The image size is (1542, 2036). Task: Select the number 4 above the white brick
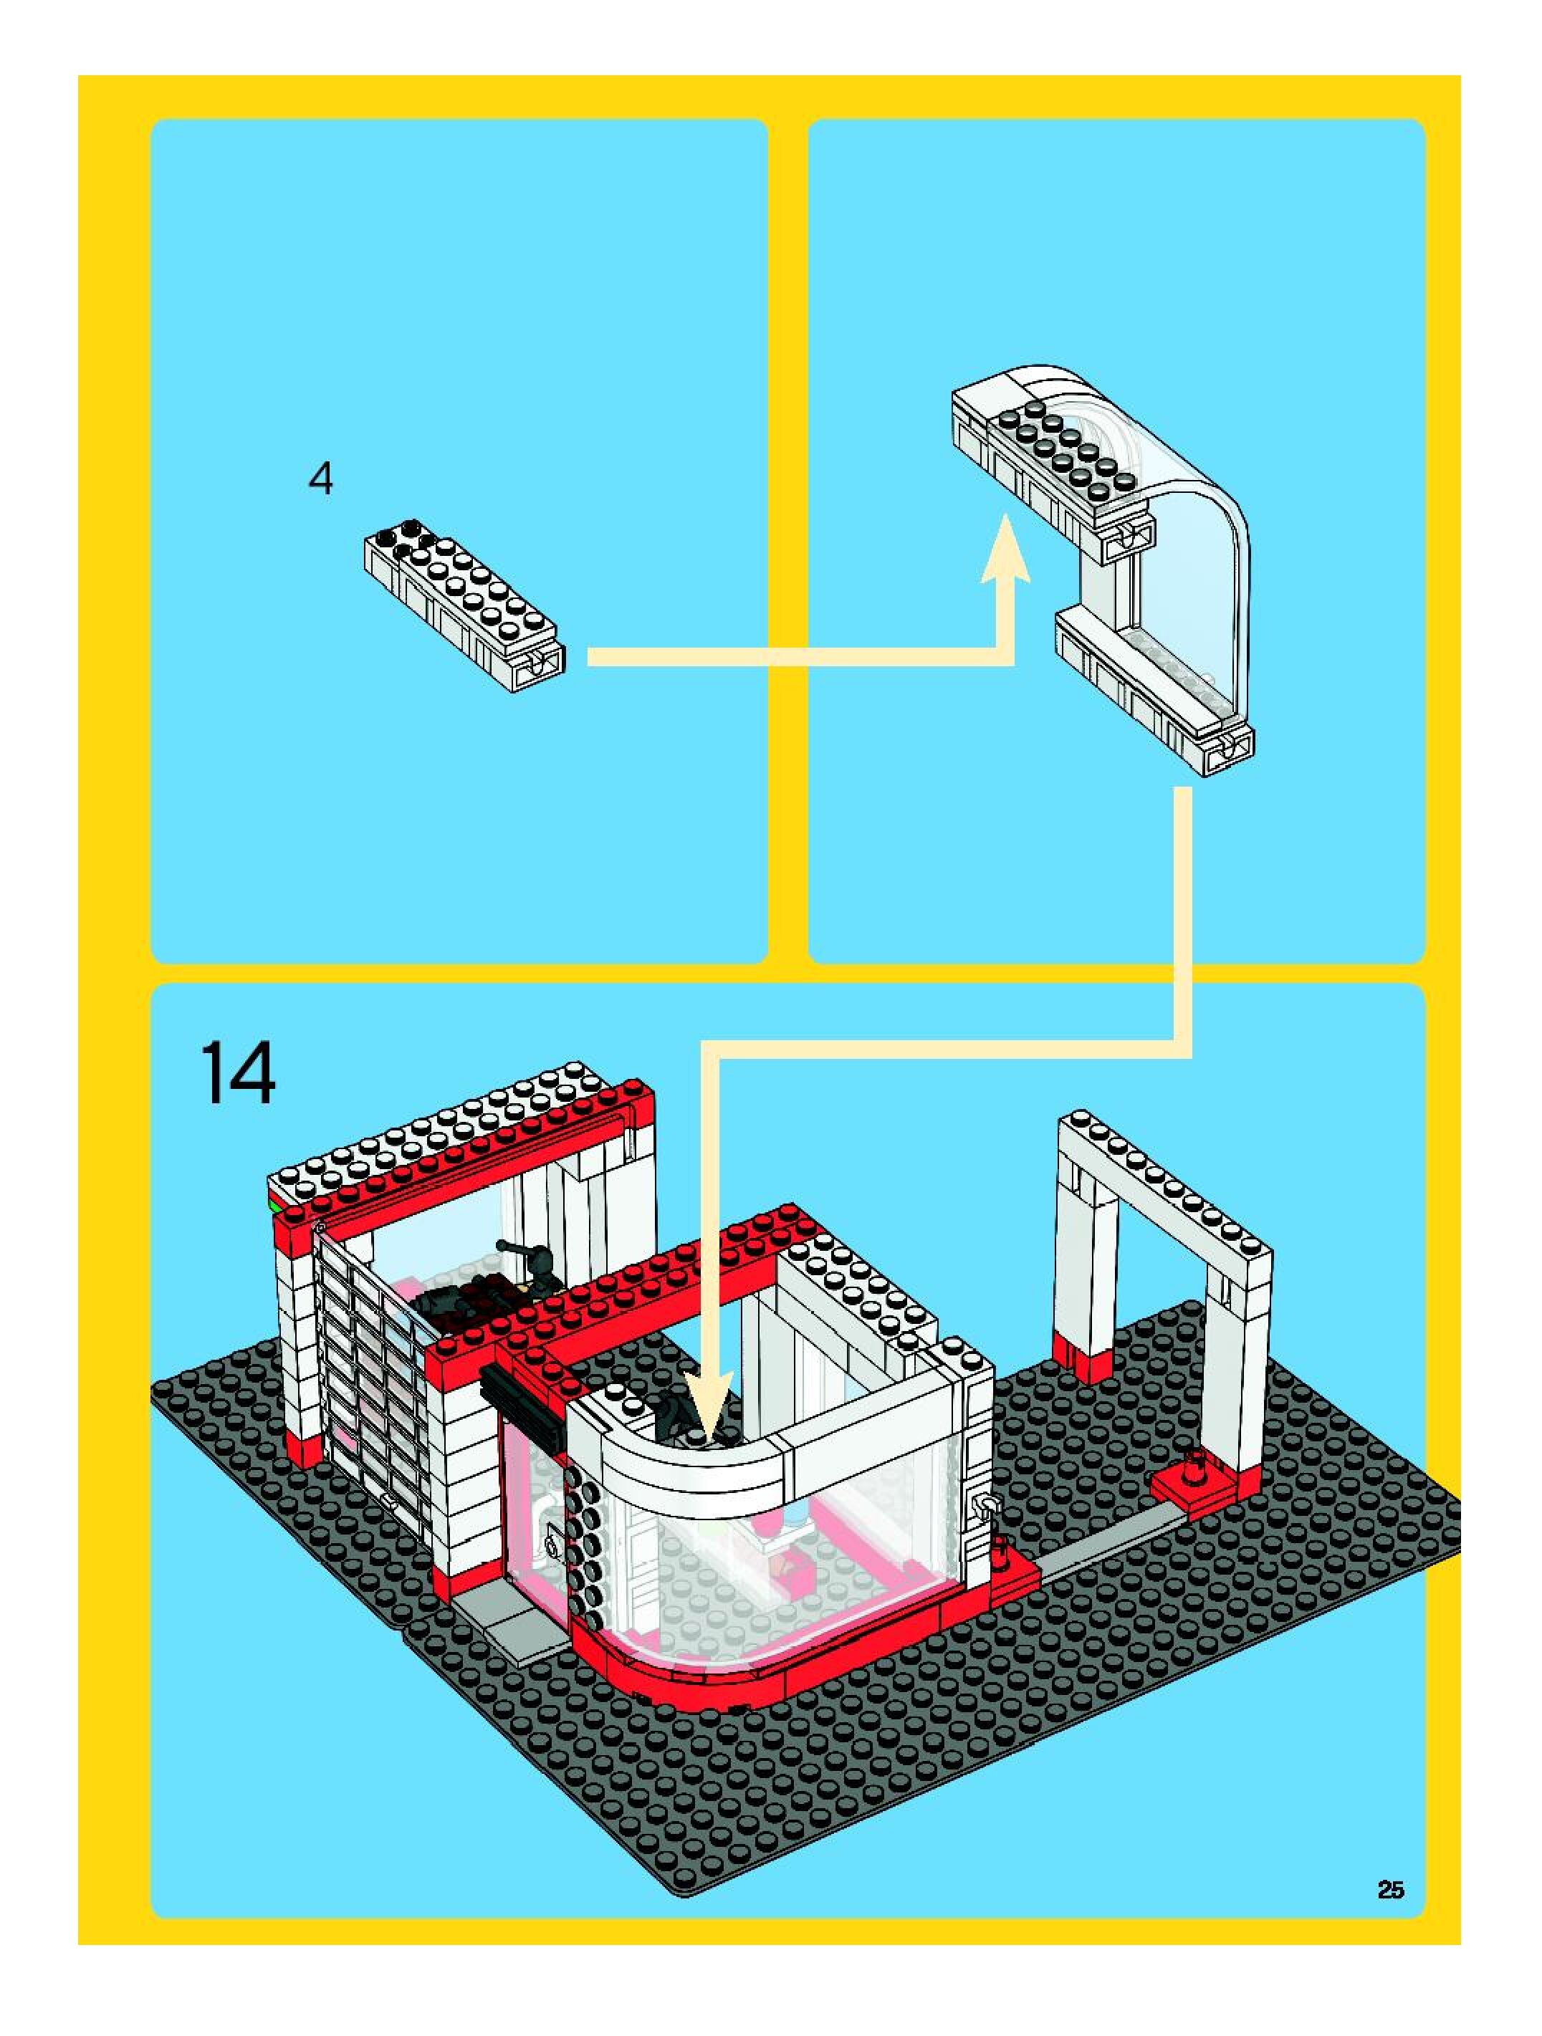[320, 479]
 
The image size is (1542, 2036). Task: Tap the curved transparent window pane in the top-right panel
[1187, 571]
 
